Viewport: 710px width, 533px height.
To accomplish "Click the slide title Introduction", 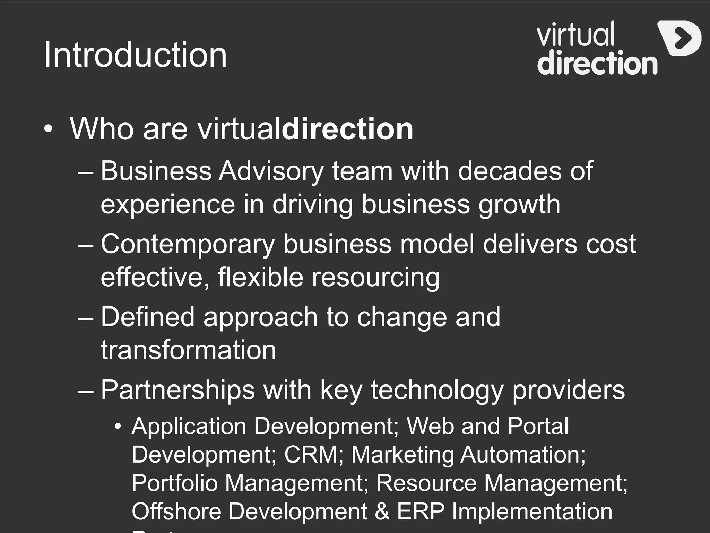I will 135,55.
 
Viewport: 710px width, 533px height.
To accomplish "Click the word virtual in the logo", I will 575,34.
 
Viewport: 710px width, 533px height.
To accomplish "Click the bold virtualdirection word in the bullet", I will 347,129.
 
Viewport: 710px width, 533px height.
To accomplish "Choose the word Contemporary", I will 188,244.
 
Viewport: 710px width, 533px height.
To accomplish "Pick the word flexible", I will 260,277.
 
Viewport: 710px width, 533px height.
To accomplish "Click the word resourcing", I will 376,278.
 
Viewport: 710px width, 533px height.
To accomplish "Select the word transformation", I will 188,350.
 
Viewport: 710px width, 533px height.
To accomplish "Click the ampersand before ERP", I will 382,511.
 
